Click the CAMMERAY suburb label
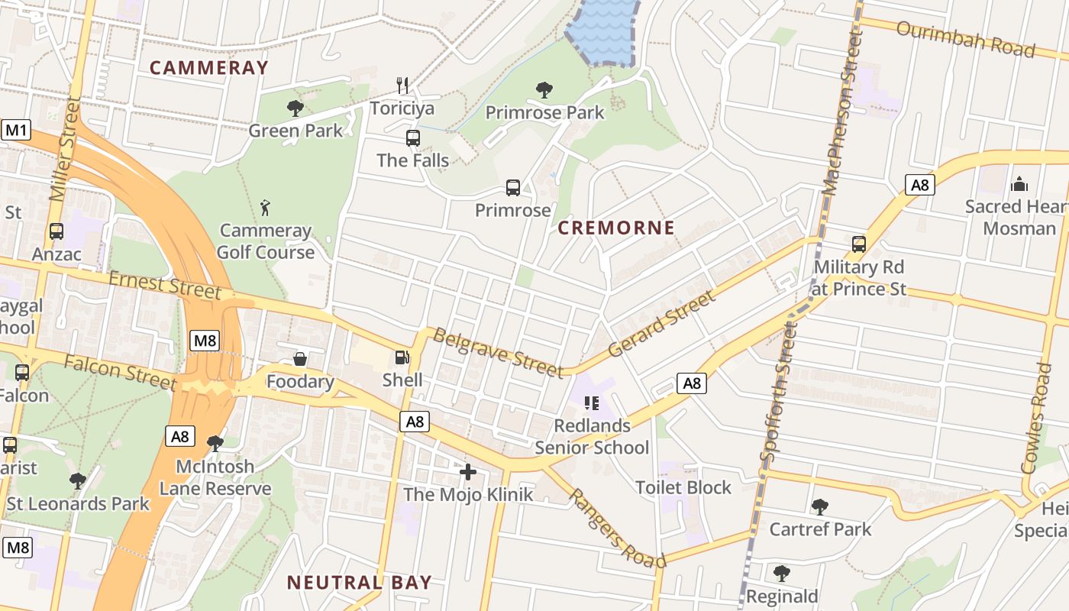(x=209, y=67)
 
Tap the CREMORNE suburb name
(x=616, y=228)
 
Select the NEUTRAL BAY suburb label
(x=359, y=582)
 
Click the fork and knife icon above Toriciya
(x=403, y=85)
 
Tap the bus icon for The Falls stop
(x=413, y=138)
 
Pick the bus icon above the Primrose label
(x=513, y=188)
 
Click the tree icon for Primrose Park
(x=544, y=90)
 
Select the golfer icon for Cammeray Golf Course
(x=265, y=207)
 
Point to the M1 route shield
(x=17, y=130)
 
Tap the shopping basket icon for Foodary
(x=300, y=359)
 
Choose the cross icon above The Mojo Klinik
(x=468, y=472)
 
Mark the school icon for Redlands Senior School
(x=591, y=402)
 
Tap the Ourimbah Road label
(x=965, y=39)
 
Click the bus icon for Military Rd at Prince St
(x=859, y=244)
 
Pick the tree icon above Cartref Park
(x=820, y=506)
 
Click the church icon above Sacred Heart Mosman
(x=1019, y=184)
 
